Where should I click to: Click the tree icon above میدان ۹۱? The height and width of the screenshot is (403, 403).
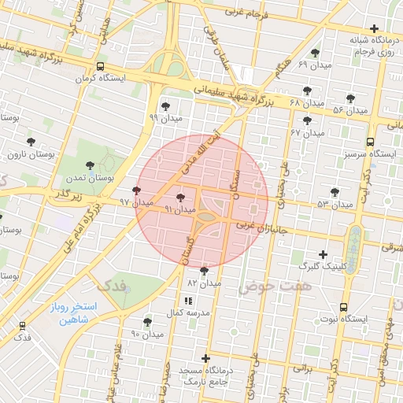pyautogui.click(x=182, y=198)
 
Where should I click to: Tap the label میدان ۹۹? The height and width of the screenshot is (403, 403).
pyautogui.click(x=165, y=118)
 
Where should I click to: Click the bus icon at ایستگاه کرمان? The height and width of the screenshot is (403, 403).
pyautogui.click(x=99, y=67)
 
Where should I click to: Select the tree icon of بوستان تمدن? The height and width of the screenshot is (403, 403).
pyautogui.click(x=91, y=166)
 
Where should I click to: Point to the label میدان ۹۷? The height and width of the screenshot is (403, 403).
pyautogui.click(x=135, y=202)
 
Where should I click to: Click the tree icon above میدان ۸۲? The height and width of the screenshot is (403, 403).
pyautogui.click(x=205, y=271)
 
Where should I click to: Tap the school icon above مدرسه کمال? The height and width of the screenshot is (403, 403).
pyautogui.click(x=187, y=301)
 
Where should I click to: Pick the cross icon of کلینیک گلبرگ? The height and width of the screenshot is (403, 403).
pyautogui.click(x=323, y=254)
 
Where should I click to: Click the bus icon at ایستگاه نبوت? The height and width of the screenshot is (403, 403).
pyautogui.click(x=343, y=307)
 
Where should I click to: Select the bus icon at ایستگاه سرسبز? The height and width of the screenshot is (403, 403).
pyautogui.click(x=370, y=142)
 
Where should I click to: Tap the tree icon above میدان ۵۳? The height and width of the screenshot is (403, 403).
pyautogui.click(x=335, y=192)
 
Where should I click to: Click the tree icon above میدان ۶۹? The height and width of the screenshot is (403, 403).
pyautogui.click(x=315, y=53)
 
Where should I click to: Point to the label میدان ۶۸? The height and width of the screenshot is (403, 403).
pyautogui.click(x=307, y=103)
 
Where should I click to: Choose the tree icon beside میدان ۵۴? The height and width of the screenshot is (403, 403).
pyautogui.click(x=350, y=98)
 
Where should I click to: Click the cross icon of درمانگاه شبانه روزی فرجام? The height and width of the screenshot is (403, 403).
pyautogui.click(x=375, y=28)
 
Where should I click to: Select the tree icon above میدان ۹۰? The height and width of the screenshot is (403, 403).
pyautogui.click(x=147, y=322)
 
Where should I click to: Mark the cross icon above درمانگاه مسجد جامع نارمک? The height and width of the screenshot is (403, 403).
pyautogui.click(x=206, y=358)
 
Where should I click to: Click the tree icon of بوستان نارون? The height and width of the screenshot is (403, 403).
pyautogui.click(x=31, y=142)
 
